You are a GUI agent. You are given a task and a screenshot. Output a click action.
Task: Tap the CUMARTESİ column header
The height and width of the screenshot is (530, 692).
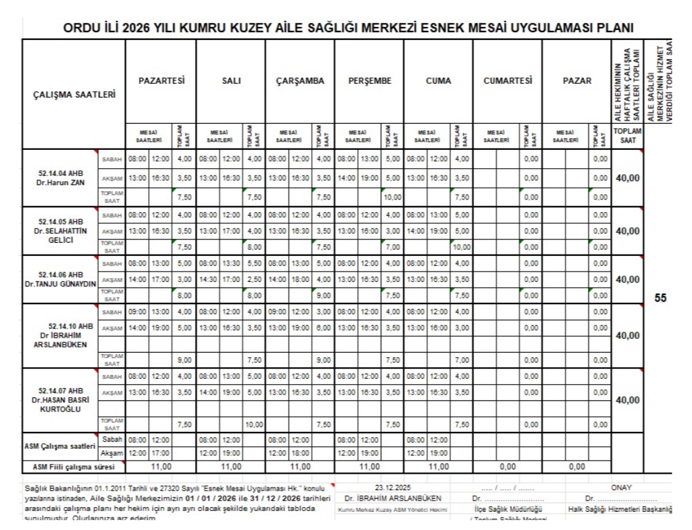pyautogui.click(x=507, y=81)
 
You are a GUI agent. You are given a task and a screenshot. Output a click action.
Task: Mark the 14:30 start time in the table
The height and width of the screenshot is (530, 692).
pyautogui.click(x=208, y=279)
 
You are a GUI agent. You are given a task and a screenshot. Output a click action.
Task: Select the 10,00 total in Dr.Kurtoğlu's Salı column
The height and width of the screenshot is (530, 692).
pyautogui.click(x=253, y=424)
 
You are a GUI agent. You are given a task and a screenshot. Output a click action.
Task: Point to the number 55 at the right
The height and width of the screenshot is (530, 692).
pyautogui.click(x=660, y=298)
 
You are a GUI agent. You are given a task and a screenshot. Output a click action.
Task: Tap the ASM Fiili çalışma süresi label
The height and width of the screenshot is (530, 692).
pyautogui.click(x=73, y=467)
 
